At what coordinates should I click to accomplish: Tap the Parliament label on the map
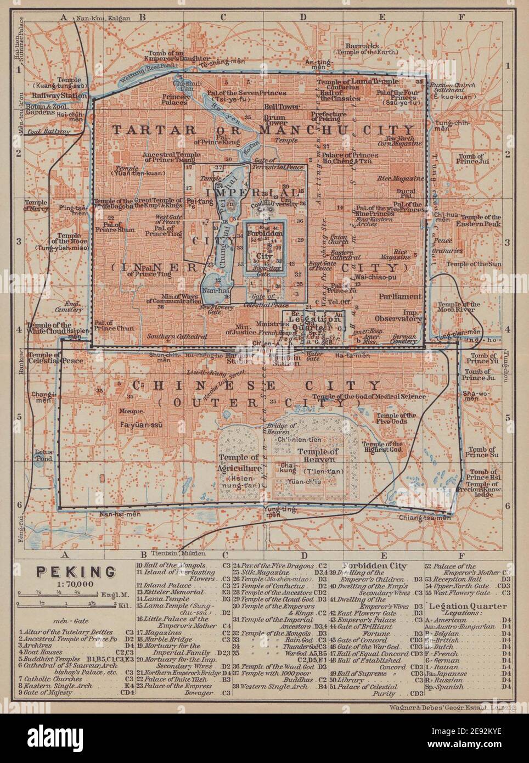[x=400, y=296]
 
